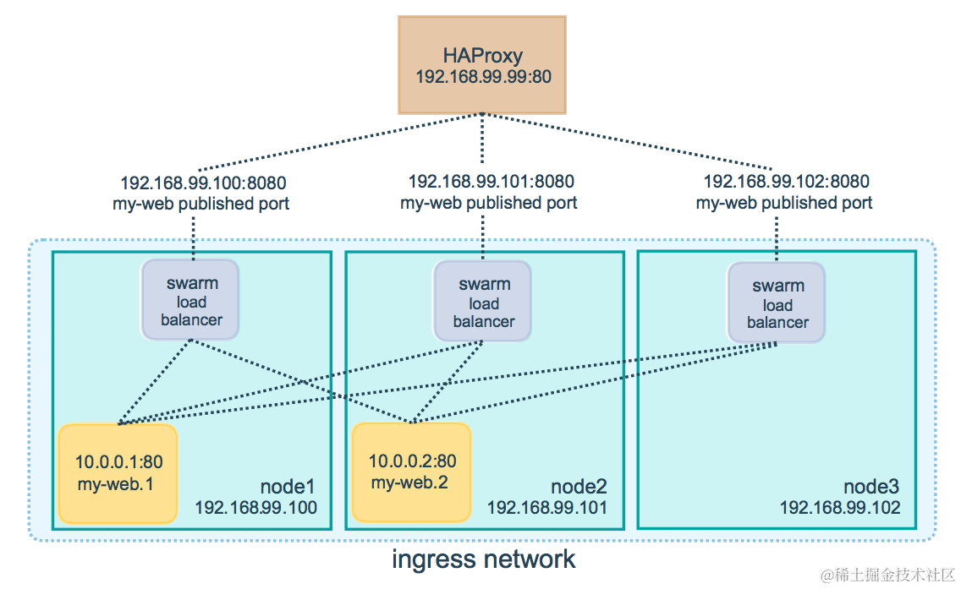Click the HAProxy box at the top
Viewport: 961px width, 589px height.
[482, 64]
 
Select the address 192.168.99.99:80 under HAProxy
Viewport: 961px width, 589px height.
[483, 77]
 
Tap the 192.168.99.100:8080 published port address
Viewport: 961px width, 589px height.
[203, 183]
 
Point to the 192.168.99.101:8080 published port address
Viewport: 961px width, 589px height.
[491, 182]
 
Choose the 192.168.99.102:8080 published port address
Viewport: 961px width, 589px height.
[786, 182]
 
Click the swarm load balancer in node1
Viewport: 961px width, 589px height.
[191, 302]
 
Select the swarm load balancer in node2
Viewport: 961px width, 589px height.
[483, 303]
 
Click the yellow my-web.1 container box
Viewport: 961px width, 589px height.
[118, 473]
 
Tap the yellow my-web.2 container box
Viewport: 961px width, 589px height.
[412, 472]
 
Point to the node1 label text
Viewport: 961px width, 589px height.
[288, 488]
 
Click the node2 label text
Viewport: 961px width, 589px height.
[579, 488]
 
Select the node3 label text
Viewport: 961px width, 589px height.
[871, 488]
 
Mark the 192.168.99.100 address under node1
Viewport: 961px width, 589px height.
[255, 508]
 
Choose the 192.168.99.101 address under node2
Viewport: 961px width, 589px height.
[546, 508]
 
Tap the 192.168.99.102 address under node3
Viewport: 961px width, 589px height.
[840, 508]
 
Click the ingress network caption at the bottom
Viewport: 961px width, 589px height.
[483, 559]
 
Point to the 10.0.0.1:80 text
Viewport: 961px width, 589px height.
[118, 462]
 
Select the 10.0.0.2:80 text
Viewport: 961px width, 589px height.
[412, 461]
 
